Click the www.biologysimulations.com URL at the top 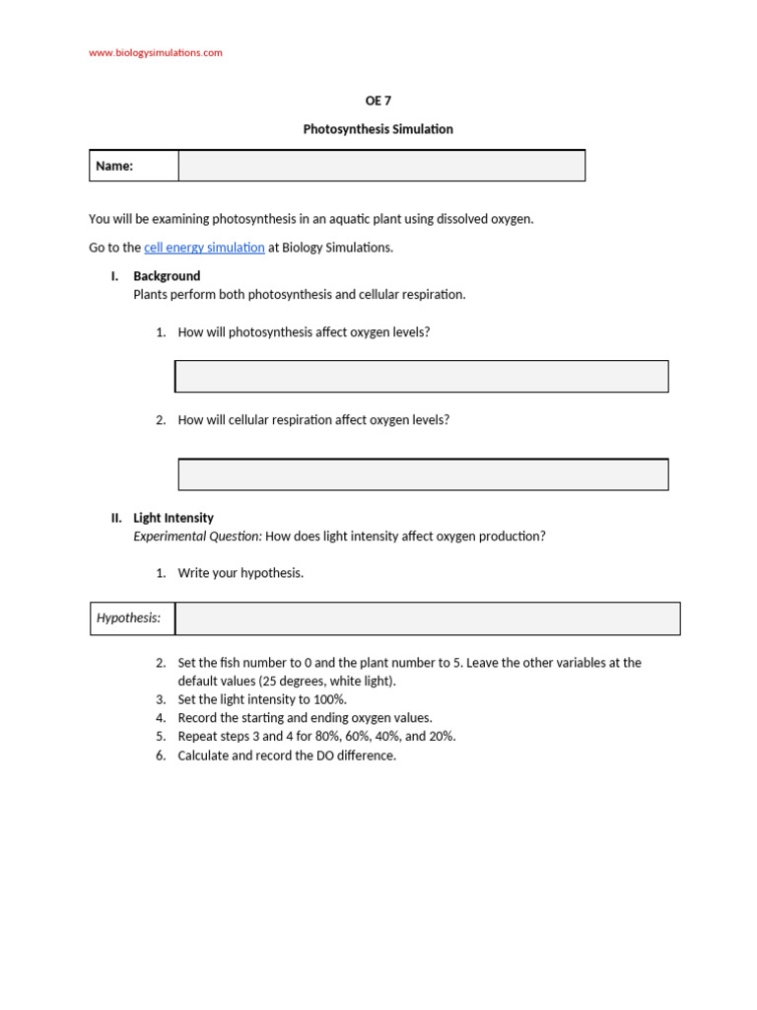156,53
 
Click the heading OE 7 378,101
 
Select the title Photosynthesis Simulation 378,129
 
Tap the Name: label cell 134,166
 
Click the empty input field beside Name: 381,166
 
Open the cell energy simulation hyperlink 204,248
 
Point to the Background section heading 167,276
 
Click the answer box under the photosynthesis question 422,377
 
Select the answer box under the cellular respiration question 423,474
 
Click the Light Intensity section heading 173,518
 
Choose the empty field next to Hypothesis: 427,618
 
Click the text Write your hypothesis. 241,573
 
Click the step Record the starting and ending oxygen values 305,718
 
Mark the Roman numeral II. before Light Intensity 116,518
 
